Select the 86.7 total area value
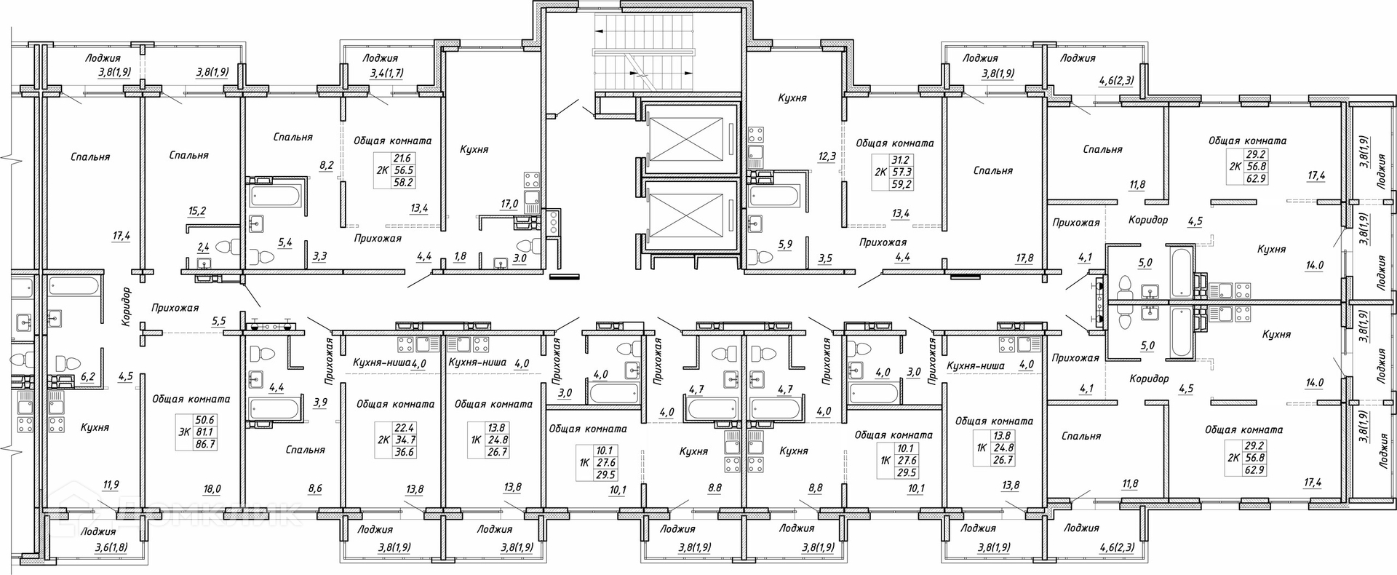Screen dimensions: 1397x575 point(206,443)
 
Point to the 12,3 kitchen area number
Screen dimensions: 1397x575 point(827,156)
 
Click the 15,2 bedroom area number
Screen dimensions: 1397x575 point(196,211)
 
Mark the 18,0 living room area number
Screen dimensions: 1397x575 point(212,489)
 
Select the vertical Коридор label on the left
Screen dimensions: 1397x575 point(127,306)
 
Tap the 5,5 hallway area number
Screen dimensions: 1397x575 point(218,320)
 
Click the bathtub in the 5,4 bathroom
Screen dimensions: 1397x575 point(274,196)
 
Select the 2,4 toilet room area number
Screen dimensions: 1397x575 point(204,247)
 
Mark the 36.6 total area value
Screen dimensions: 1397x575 point(404,452)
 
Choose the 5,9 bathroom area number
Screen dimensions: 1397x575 point(785,244)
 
